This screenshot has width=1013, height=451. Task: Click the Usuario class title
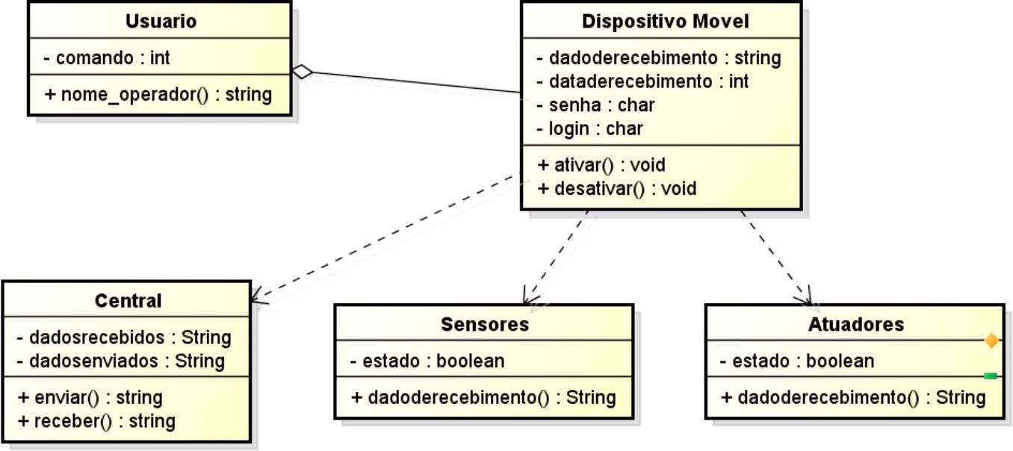[161, 22]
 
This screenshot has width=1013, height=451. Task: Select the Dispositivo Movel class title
[665, 22]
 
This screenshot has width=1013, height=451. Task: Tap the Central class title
[128, 301]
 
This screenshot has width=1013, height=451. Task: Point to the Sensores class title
[484, 324]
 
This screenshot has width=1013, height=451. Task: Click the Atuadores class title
[855, 324]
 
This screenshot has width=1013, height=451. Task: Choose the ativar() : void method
[601, 164]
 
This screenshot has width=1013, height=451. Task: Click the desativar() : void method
[616, 188]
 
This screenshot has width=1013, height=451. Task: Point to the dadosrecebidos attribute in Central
[124, 338]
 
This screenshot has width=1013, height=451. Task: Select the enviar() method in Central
[90, 396]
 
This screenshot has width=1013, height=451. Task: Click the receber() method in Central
[96, 420]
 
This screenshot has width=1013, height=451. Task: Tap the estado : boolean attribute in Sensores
[427, 361]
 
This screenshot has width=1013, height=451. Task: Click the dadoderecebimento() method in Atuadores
[852, 397]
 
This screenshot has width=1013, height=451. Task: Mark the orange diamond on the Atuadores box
[991, 341]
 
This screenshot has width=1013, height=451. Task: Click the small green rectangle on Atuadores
[991, 376]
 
